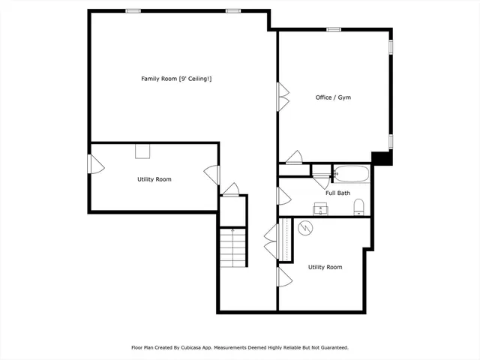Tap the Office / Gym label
tap(333, 97)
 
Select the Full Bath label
tap(337, 193)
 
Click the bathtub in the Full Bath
tap(351, 175)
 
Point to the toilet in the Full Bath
tap(358, 206)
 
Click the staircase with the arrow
tap(233, 248)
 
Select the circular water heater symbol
tap(305, 227)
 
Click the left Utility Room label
tap(154, 179)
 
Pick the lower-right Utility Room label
tap(325, 267)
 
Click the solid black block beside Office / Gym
tap(382, 158)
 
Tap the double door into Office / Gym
tap(283, 97)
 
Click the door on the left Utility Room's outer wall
tap(94, 164)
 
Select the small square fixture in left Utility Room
tap(142, 151)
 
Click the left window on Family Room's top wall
tap(133, 10)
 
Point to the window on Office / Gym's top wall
tap(334, 29)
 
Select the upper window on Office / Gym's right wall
tap(390, 46)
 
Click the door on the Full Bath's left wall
tap(283, 196)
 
